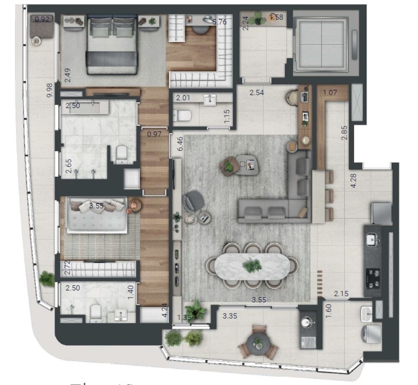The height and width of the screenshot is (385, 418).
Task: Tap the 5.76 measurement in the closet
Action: [219, 22]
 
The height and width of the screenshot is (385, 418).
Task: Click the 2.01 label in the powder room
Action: [183, 98]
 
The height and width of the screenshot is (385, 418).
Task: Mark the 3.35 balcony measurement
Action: [230, 316]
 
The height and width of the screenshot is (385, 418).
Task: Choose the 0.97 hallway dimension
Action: [154, 134]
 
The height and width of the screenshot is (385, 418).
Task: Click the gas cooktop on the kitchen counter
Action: [373, 279]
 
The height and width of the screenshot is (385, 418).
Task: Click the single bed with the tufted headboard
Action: [97, 215]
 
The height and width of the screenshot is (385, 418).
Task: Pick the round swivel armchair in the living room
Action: [194, 201]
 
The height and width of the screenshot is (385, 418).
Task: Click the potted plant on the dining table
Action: [252, 265]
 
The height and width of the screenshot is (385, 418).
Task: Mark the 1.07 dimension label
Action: [329, 93]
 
